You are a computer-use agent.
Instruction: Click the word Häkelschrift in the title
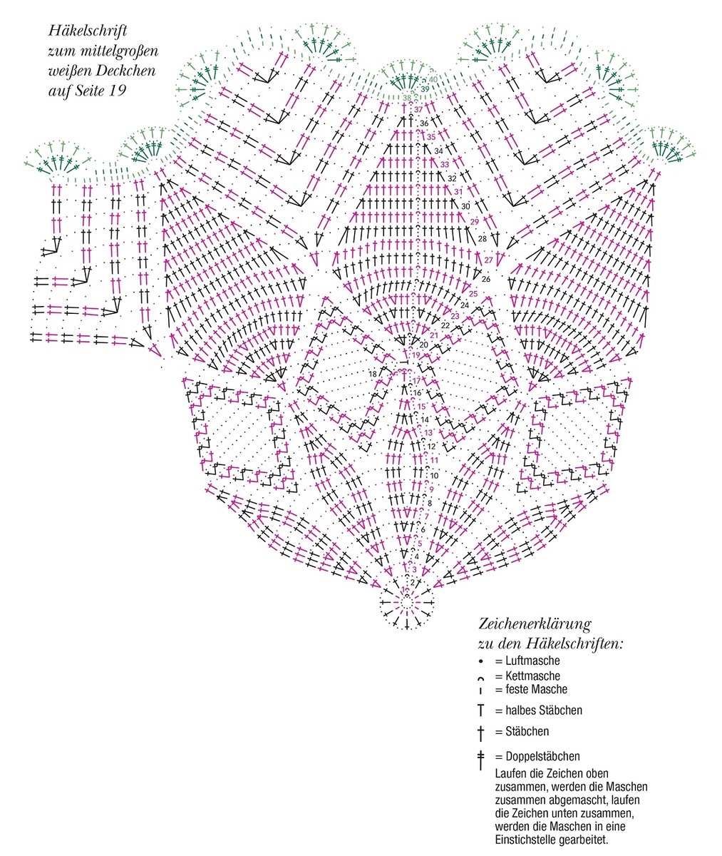pyautogui.click(x=88, y=31)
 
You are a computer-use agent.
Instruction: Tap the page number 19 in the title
pyautogui.click(x=117, y=91)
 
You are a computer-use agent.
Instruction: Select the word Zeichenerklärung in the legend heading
pyautogui.click(x=535, y=624)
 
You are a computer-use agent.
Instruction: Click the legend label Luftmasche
pyautogui.click(x=532, y=661)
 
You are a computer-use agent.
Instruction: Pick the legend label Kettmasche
pyautogui.click(x=532, y=676)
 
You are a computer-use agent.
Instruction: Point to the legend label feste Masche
pyautogui.click(x=537, y=689)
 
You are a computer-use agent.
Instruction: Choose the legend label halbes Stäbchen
pyautogui.click(x=544, y=710)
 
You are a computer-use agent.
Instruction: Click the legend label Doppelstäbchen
pyautogui.click(x=542, y=756)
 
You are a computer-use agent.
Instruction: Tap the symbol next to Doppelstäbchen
pyautogui.click(x=481, y=760)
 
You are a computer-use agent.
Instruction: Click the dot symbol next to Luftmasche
pyautogui.click(x=481, y=661)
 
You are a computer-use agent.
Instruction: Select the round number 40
pyautogui.click(x=433, y=79)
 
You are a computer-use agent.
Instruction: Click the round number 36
pyautogui.click(x=424, y=123)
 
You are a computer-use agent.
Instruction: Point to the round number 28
pyautogui.click(x=483, y=238)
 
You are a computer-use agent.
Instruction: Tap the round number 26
pyautogui.click(x=486, y=279)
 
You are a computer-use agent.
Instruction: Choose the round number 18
pyautogui.click(x=373, y=374)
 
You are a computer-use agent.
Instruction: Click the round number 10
pyautogui.click(x=434, y=476)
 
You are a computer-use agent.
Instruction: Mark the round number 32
pyautogui.click(x=452, y=178)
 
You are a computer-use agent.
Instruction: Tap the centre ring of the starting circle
pyautogui.click(x=406, y=603)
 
